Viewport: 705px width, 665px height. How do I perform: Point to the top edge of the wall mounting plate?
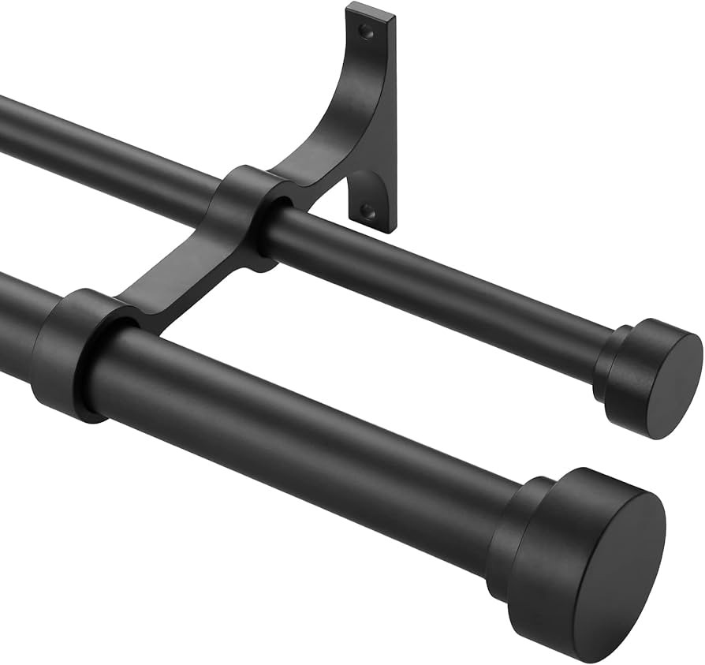point(371,10)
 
